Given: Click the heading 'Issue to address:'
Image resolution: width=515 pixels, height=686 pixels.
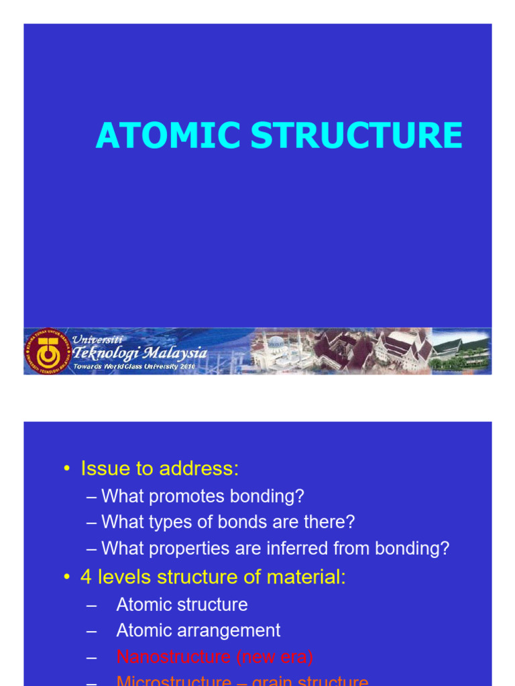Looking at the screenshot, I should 160,469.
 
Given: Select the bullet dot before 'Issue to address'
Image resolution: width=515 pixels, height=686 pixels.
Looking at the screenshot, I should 66,469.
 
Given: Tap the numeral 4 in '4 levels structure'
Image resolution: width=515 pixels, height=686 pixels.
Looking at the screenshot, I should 86,577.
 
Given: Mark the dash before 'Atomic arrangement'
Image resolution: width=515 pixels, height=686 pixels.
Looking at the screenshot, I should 92,630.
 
